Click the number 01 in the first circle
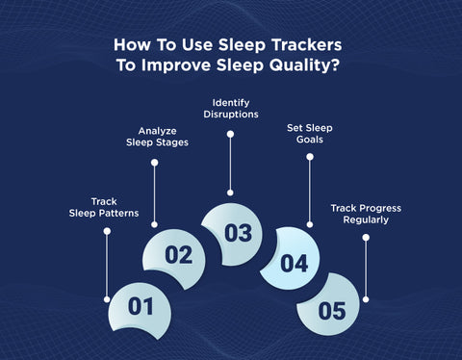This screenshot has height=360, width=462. coord(141,306)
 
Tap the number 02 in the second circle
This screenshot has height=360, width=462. coord(179,255)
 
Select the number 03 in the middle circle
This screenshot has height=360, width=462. coord(238,232)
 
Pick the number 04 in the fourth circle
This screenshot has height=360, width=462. coord(294,261)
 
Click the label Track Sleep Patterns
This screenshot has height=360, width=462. coord(105,208)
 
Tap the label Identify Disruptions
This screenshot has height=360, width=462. coord(230,108)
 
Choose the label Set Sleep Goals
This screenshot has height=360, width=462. coord(310,133)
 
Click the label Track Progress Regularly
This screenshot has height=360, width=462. coord(366,213)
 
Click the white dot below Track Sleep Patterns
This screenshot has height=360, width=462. coord(105,229)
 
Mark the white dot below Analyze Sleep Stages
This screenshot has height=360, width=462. coord(154,163)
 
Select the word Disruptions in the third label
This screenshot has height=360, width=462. coord(230,114)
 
